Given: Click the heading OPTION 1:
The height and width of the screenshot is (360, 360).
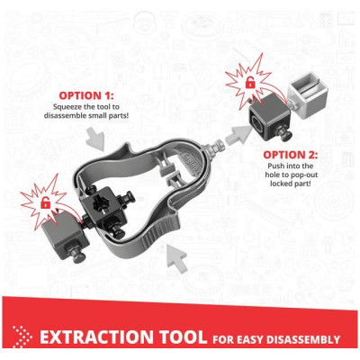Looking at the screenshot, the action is [x=86, y=95].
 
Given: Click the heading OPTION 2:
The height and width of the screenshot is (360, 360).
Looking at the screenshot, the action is [x=291, y=155].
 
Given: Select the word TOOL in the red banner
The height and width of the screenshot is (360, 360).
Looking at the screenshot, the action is [x=183, y=337].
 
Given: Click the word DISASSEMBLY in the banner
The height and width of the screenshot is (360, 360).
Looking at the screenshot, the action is [x=303, y=339].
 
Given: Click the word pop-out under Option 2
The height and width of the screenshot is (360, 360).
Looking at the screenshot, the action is [x=301, y=175].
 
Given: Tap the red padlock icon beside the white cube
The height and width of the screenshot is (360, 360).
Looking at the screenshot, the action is [x=249, y=82].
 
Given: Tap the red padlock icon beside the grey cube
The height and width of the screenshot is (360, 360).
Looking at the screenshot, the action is [x=45, y=203].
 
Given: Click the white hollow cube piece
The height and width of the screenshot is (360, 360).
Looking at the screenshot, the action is [x=308, y=100].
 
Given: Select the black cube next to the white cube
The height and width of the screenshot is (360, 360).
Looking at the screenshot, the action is [x=269, y=113].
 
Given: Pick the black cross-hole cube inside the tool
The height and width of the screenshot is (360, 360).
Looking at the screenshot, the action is [x=101, y=203].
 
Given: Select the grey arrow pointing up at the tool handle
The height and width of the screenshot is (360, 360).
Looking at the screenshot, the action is [x=177, y=257].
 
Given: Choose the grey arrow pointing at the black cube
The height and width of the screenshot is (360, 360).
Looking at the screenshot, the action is [x=239, y=135].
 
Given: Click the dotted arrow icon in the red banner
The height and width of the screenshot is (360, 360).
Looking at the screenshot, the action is [x=22, y=337].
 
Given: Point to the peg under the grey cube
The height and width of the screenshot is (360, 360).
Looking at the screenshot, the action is [x=77, y=255].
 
